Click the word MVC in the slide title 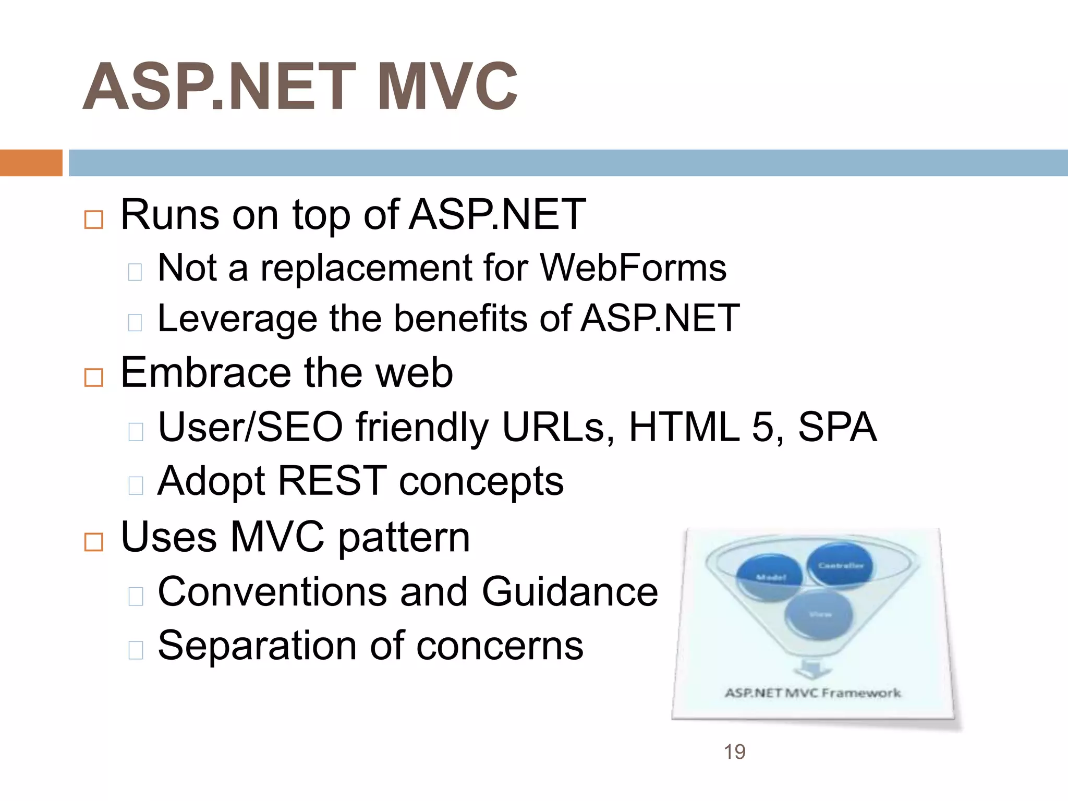click(447, 87)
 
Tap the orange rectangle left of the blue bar click(31, 163)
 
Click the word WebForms click(633, 268)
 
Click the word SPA click(837, 427)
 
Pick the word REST click(332, 480)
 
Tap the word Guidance click(569, 592)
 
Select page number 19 click(734, 752)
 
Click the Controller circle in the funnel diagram click(840, 565)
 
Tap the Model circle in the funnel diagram click(770, 577)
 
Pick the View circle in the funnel click(819, 615)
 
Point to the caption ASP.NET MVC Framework click(812, 693)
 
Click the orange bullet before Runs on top click(94, 220)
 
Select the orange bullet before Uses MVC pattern click(94, 542)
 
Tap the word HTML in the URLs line click(684, 427)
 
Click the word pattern click(404, 538)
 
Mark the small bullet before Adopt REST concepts click(136, 486)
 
